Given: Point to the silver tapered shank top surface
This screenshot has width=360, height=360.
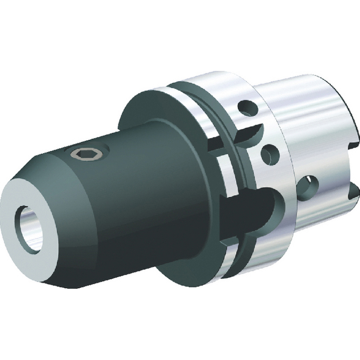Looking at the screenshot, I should pos(302,90).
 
